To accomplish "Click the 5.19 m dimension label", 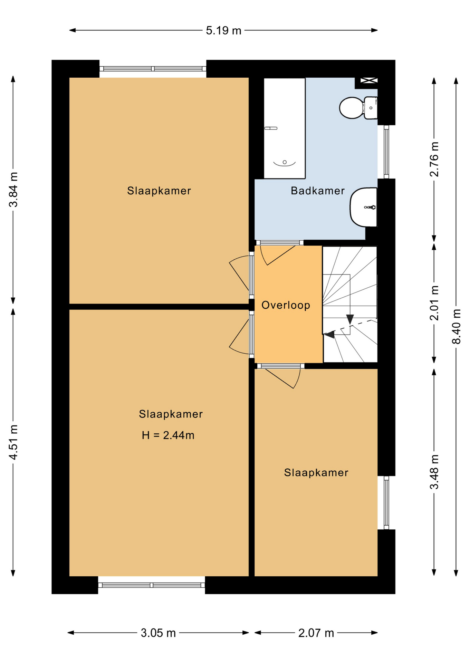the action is pyautogui.click(x=223, y=30).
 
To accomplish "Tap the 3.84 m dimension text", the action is pyautogui.click(x=13, y=189).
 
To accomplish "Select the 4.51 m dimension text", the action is pyautogui.click(x=13, y=442).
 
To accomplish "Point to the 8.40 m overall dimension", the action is pyautogui.click(x=456, y=326).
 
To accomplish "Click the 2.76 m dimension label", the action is pyautogui.click(x=434, y=159).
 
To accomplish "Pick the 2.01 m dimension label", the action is pyautogui.click(x=434, y=303).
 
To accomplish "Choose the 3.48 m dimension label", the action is pyautogui.click(x=434, y=472).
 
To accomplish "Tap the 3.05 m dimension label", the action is pyautogui.click(x=158, y=633).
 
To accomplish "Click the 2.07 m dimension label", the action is pyautogui.click(x=316, y=633).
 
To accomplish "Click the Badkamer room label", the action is pyautogui.click(x=318, y=191).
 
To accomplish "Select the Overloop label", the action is pyautogui.click(x=286, y=305).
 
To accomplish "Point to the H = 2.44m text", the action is pyautogui.click(x=168, y=435).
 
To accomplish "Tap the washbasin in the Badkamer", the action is pyautogui.click(x=363, y=207).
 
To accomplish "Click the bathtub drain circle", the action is pyautogui.click(x=285, y=162).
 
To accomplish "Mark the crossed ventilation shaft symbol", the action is pyautogui.click(x=369, y=80).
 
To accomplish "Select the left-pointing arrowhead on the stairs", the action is pyautogui.click(x=329, y=334).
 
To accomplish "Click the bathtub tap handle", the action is pyautogui.click(x=271, y=128).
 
